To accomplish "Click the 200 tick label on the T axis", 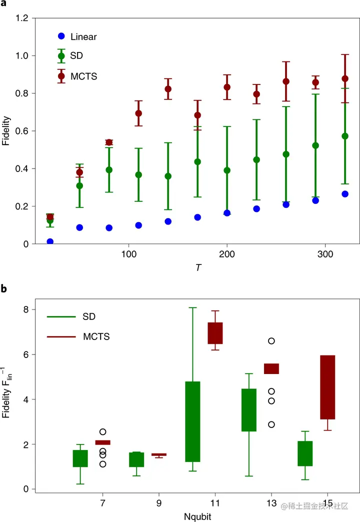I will coord(227,253).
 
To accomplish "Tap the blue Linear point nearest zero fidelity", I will coord(50,242).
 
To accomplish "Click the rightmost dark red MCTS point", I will coord(344,78).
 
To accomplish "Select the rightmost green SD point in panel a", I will coord(344,136).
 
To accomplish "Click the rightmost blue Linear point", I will coord(344,194).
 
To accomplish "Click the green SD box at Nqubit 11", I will coord(192,421).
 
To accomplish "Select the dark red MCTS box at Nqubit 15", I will coord(327,387).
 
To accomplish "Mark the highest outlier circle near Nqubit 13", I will coord(271,341).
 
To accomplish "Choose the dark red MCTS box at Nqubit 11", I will coord(215,333).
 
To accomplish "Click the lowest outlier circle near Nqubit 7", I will coord(102,464).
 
